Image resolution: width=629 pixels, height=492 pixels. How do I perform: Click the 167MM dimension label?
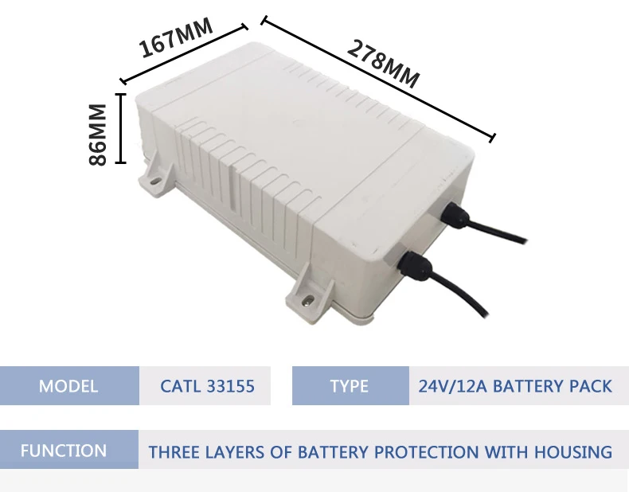click(x=177, y=38)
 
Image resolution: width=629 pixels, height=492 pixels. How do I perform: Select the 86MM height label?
click(x=98, y=134)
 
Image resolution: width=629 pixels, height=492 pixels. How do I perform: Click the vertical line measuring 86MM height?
click(x=120, y=128)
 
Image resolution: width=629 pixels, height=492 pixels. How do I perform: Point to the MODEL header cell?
click(x=68, y=386)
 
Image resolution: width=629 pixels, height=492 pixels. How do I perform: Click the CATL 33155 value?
click(x=207, y=386)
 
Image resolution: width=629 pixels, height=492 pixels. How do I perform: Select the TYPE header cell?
click(x=350, y=386)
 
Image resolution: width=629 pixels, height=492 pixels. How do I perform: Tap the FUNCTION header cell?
click(x=64, y=451)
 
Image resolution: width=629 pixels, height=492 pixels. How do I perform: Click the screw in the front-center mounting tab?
click(x=307, y=301)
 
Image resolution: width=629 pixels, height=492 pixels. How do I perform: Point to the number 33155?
click(x=230, y=386)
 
